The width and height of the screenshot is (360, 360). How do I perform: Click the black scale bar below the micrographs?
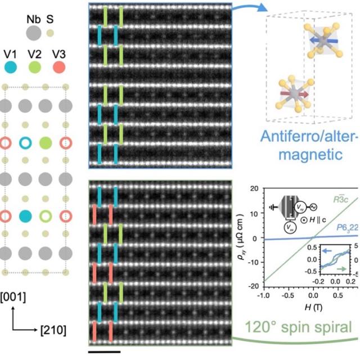[104, 353]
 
